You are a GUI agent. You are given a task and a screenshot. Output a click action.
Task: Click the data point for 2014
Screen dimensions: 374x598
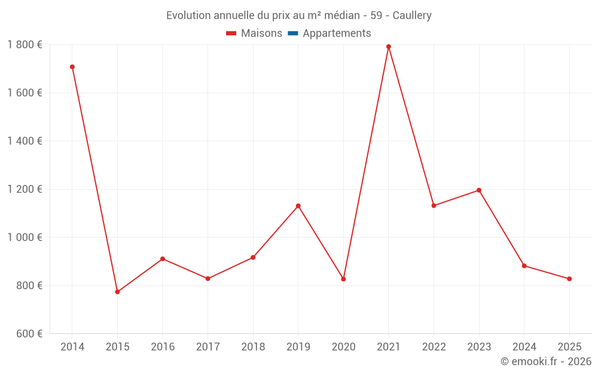pos(72,67)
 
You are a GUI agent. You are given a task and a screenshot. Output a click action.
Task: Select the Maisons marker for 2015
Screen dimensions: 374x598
pos(117,292)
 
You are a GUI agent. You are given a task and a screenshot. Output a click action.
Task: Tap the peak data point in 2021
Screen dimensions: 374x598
pos(389,47)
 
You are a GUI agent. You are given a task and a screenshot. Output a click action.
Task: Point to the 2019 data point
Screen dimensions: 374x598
pos(298,206)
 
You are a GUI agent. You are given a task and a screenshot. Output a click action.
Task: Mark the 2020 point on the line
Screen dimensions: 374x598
pos(343,279)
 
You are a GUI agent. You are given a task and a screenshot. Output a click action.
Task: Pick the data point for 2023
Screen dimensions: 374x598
pos(479,190)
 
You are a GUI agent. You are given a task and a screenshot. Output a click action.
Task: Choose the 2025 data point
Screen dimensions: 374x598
pos(569,279)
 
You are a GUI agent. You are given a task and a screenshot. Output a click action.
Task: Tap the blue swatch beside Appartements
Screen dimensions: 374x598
pos(293,34)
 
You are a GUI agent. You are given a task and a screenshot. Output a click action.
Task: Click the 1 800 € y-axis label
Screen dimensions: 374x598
pos(25,45)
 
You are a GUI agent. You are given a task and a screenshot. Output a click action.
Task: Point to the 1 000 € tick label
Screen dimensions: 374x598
pos(25,238)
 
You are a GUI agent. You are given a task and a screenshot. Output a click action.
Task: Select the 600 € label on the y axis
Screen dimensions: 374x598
pos(28,334)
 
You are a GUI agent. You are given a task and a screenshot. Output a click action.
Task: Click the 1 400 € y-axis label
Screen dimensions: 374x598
pos(25,141)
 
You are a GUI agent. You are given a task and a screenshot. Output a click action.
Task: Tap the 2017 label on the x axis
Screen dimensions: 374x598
pos(208,347)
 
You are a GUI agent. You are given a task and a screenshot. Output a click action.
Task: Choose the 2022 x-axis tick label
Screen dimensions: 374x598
pos(434,347)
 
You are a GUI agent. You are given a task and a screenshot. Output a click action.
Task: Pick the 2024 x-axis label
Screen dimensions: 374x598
pos(524,347)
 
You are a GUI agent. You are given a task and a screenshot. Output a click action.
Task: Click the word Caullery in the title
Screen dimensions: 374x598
pos(412,16)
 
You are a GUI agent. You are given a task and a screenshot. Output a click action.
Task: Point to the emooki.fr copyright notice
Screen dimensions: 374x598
pos(546,361)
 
